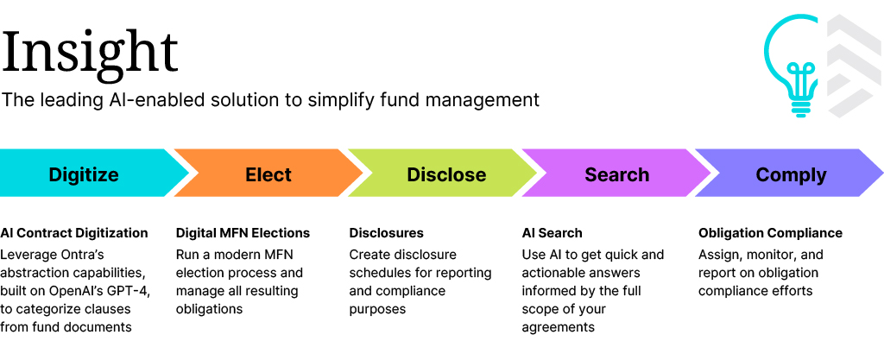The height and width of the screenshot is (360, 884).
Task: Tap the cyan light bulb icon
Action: pyautogui.click(x=792, y=66)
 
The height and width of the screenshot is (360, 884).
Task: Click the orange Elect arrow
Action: pyautogui.click(x=268, y=173)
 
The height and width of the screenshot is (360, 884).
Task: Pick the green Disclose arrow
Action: pyautogui.click(x=443, y=173)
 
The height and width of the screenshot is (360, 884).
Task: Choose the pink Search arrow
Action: pyautogui.click(x=616, y=173)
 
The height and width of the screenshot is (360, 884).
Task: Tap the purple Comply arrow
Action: pyautogui.click(x=789, y=173)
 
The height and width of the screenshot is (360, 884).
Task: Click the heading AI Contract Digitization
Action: pyautogui.click(x=74, y=233)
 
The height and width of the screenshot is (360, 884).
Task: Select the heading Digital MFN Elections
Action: pyautogui.click(x=243, y=233)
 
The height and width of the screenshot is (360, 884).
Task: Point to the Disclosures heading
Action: pyautogui.click(x=386, y=233)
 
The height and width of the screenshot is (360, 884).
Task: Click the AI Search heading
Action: pyautogui.click(x=552, y=233)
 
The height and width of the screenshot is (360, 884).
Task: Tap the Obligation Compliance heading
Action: pyautogui.click(x=770, y=233)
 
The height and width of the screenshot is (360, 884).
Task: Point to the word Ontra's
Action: pyautogui.click(x=80, y=255)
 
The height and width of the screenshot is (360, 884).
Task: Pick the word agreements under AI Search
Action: pyautogui.click(x=559, y=328)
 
